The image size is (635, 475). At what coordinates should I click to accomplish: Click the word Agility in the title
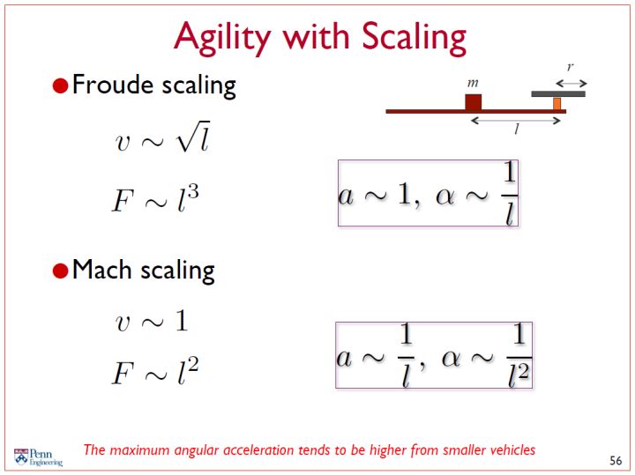tap(222, 38)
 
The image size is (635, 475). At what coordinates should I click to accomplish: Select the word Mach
tap(101, 269)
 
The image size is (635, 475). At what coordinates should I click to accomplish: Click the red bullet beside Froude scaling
tap(60, 85)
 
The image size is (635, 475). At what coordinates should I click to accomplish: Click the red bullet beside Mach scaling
tap(60, 271)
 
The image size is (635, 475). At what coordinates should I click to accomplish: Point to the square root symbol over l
tap(193, 137)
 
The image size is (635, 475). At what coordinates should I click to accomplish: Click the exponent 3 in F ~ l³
tap(193, 191)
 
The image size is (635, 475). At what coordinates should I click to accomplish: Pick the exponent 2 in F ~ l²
tap(193, 365)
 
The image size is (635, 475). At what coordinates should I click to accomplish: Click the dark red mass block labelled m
tap(473, 102)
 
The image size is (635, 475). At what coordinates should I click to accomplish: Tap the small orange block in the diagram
tap(557, 104)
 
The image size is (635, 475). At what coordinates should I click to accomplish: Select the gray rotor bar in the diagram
tap(558, 94)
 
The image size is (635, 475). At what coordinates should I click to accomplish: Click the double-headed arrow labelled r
tap(571, 84)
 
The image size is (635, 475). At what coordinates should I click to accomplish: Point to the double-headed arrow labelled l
tap(516, 120)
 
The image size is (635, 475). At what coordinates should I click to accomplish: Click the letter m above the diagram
tap(473, 83)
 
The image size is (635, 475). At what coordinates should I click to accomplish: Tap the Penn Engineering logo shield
tap(21, 456)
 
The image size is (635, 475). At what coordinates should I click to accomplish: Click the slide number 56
tap(616, 460)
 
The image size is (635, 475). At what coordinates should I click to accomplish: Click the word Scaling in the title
tap(414, 38)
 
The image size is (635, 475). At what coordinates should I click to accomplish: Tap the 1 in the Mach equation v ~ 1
tap(182, 321)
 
